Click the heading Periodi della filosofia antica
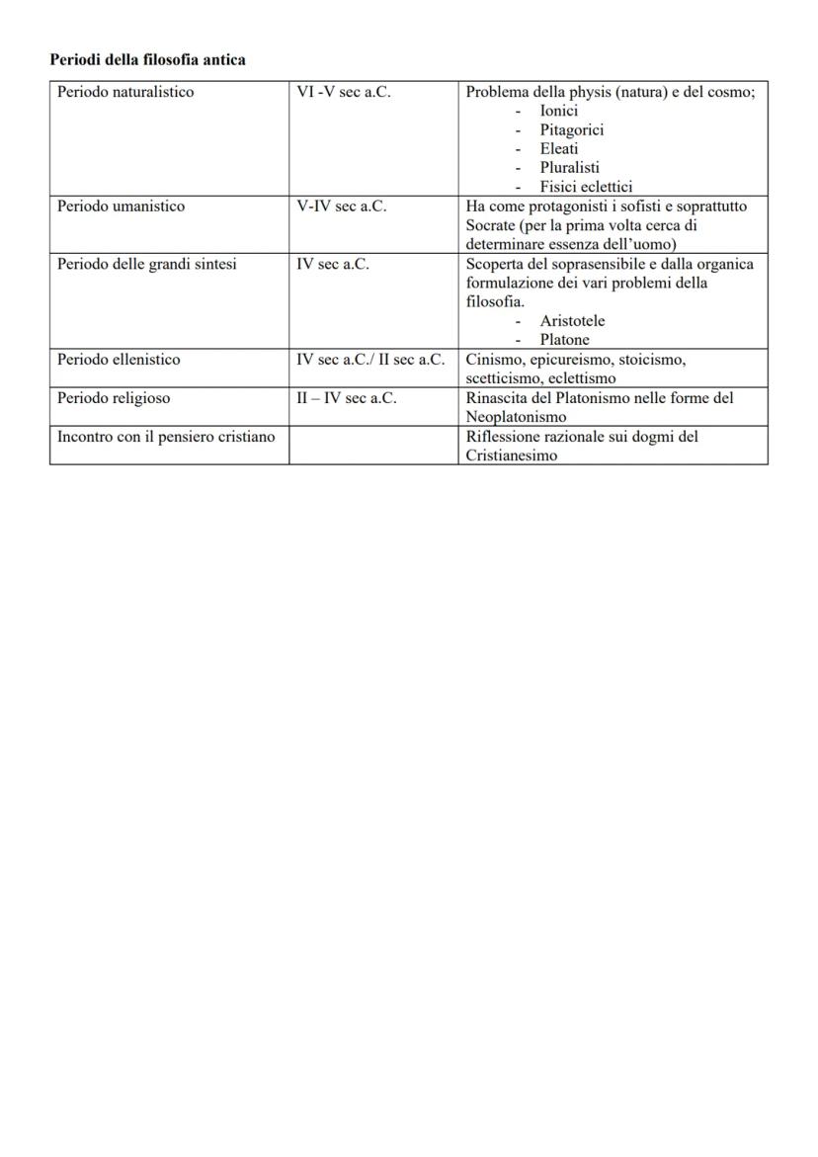point(147,60)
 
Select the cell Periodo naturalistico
point(125,93)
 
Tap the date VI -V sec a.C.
point(344,93)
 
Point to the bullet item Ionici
point(558,111)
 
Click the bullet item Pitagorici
point(571,129)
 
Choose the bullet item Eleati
point(559,148)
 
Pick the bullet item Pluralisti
point(569,167)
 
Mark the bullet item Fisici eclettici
point(586,186)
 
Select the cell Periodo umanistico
point(121,207)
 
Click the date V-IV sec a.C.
point(341,207)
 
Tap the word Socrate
point(491,225)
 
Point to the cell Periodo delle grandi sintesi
point(146,264)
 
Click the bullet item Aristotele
point(572,321)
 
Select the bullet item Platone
point(564,340)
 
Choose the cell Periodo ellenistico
point(119,360)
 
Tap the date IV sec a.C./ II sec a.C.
point(370,360)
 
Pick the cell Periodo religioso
point(114,398)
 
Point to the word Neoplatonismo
point(516,417)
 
